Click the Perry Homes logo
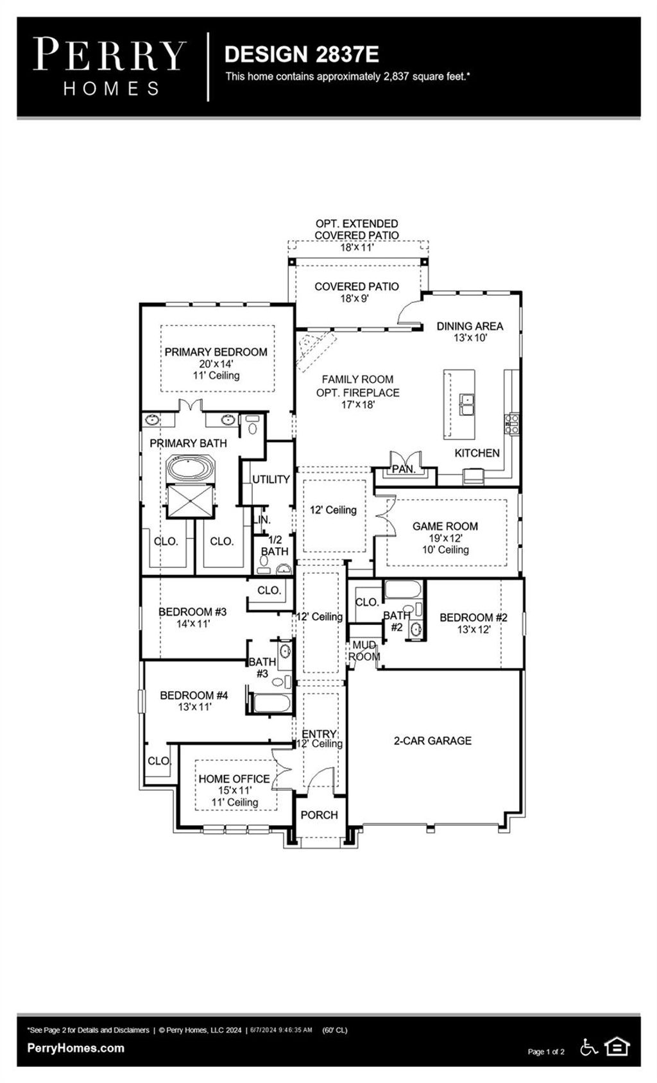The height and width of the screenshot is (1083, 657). point(110,67)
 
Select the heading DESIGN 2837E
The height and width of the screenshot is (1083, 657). point(302,55)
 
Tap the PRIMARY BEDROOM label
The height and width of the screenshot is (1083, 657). point(216,352)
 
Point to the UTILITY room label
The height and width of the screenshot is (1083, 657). point(271,479)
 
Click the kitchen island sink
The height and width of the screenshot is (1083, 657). point(466,405)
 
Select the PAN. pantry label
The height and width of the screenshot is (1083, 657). point(404,469)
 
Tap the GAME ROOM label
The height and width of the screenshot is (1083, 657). point(445,526)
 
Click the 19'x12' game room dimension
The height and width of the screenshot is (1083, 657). point(446,538)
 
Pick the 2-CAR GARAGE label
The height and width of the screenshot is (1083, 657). point(432,740)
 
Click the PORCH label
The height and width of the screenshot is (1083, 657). point(319,815)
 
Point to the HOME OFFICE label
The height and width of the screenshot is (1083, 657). point(234,779)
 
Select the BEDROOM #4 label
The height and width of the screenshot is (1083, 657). point(194,695)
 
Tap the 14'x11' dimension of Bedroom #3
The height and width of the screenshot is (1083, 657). point(193,624)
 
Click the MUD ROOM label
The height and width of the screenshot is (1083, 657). point(364,651)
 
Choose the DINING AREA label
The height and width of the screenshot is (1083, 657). point(470,327)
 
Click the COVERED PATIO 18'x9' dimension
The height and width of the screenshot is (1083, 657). point(354,298)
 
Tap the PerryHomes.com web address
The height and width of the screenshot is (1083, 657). point(76,1048)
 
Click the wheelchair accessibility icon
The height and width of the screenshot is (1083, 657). point(589,1047)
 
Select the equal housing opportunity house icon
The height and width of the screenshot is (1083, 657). point(617,1047)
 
